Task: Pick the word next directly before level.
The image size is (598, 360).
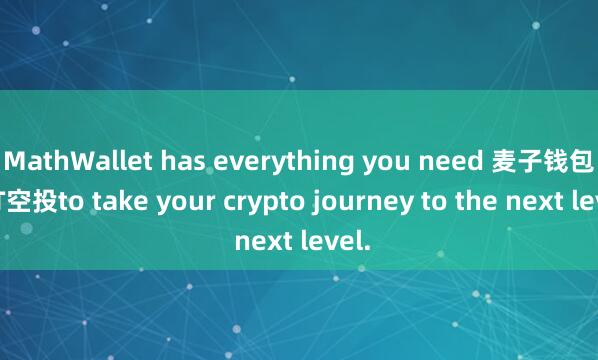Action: click(x=259, y=241)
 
